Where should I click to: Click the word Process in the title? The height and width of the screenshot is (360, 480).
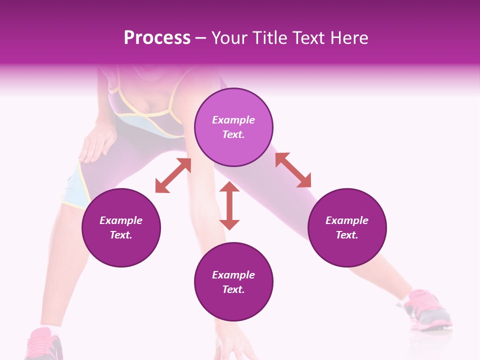pyautogui.click(x=157, y=38)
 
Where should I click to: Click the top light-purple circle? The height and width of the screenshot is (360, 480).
pyautogui.click(x=233, y=127)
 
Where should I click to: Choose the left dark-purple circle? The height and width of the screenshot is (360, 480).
pyautogui.click(x=121, y=227)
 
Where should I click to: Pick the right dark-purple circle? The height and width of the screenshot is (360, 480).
pyautogui.click(x=347, y=227)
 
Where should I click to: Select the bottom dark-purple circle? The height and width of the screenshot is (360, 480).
pyautogui.click(x=233, y=282)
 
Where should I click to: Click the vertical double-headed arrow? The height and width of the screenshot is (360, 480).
pyautogui.click(x=229, y=205)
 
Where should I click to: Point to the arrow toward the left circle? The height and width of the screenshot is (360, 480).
pyautogui.click(x=173, y=175)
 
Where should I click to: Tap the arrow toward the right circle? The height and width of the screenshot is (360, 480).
pyautogui.click(x=293, y=170)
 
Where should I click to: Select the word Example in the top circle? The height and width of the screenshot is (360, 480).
pyautogui.click(x=233, y=120)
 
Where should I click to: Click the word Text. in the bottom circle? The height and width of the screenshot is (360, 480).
pyautogui.click(x=233, y=289)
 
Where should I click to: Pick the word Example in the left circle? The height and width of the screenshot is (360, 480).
pyautogui.click(x=121, y=220)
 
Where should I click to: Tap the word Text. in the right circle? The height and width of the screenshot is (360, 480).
pyautogui.click(x=347, y=235)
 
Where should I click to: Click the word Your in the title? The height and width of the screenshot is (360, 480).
pyautogui.click(x=228, y=38)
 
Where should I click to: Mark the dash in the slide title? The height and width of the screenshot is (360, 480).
pyautogui.click(x=201, y=38)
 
